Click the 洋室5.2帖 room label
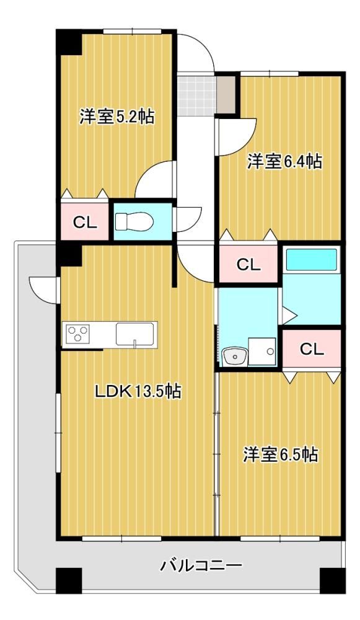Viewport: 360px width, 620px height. tap(116, 117)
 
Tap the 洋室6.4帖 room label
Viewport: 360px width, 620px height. tap(284, 162)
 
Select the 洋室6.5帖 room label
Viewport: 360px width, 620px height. tap(280, 454)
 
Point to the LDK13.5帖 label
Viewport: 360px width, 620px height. tap(138, 391)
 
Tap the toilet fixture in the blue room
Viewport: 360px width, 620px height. tap(134, 221)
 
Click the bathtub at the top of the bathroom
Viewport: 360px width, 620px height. tap(312, 259)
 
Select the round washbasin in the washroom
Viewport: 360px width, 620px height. tap(234, 356)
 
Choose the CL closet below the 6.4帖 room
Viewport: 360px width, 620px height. tap(248, 264)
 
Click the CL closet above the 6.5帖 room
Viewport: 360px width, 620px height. tap(312, 348)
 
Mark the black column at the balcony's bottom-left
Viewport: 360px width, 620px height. tap(69, 580)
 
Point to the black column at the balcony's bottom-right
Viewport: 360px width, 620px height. tap(332, 580)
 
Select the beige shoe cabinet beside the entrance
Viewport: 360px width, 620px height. tap(226, 95)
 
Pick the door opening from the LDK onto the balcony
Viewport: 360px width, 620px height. tap(45, 290)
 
